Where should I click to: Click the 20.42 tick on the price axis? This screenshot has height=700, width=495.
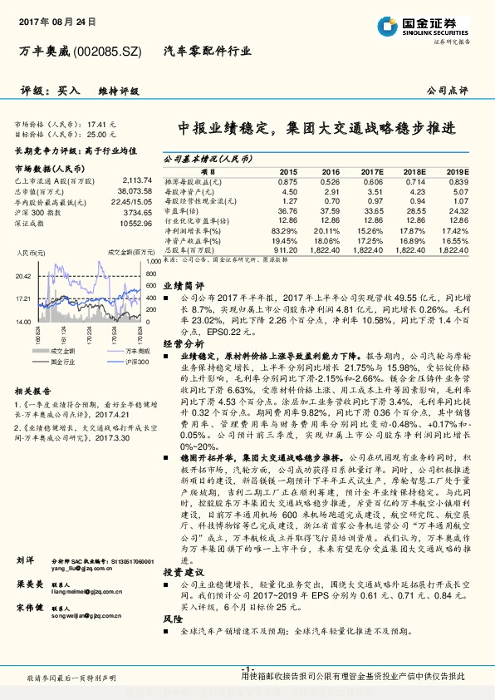22,276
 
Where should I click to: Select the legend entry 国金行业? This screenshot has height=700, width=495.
60,362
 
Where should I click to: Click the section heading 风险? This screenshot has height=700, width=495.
171,620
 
